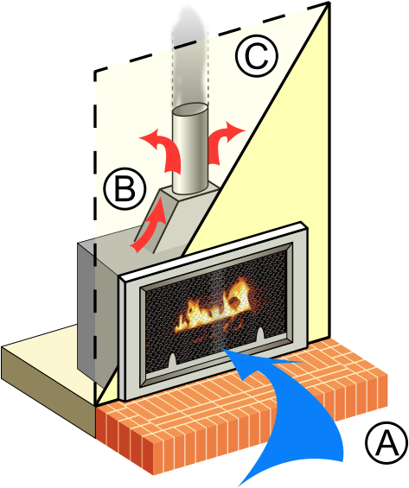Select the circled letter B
click(122, 189)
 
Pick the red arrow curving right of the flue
click(227, 134)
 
